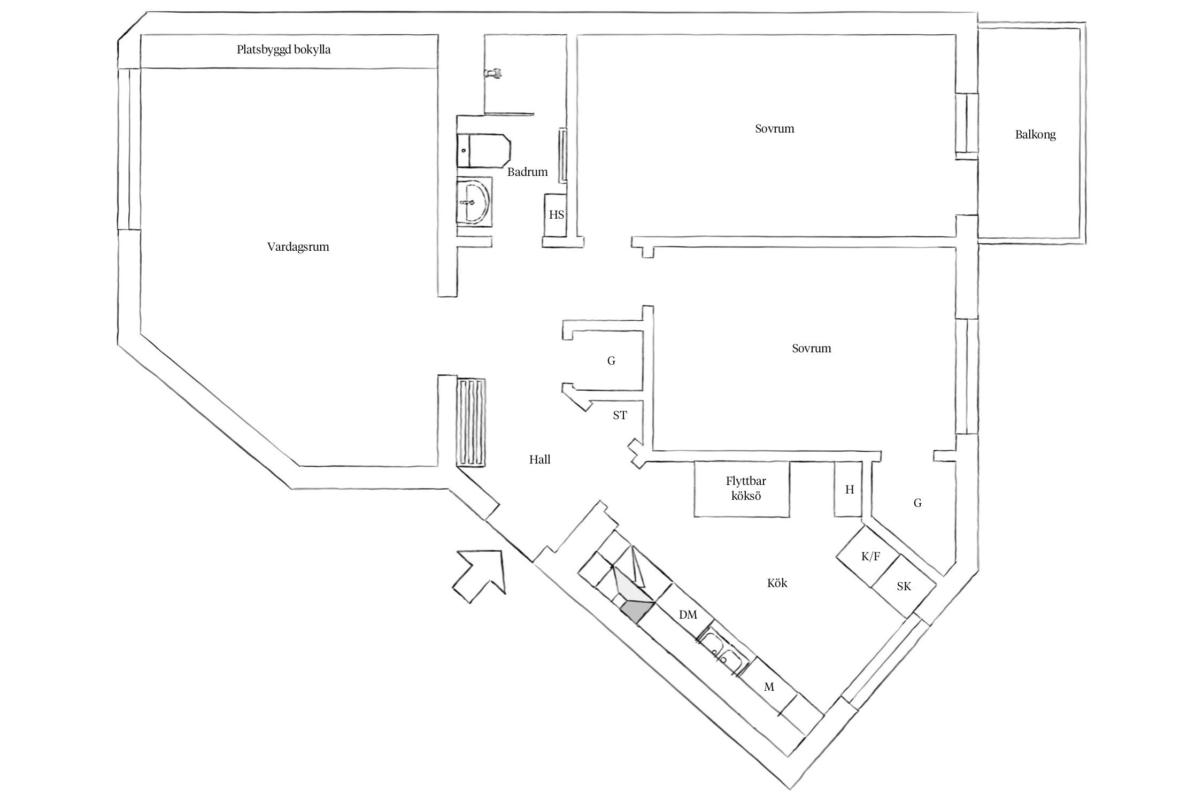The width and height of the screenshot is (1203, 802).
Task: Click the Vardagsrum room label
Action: tap(298, 247)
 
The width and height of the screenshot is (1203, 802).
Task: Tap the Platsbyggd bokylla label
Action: tap(283, 50)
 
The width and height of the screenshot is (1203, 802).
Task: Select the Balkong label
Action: tap(1035, 135)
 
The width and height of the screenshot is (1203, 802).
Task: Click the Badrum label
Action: tap(527, 172)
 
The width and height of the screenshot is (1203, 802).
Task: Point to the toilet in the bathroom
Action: tap(483, 151)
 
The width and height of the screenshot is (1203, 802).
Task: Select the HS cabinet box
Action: tap(556, 215)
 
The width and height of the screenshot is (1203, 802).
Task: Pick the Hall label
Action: tap(539, 459)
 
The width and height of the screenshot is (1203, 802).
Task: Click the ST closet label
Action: tap(620, 415)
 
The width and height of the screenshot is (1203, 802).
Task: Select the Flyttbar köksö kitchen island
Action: tap(742, 489)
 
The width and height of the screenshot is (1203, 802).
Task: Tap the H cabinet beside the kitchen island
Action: tap(849, 489)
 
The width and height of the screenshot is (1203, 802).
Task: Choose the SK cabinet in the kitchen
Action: tap(904, 587)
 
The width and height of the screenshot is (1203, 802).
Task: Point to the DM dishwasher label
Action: tap(688, 615)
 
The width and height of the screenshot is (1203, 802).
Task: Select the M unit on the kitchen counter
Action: tap(769, 687)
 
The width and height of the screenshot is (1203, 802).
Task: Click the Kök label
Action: tap(777, 583)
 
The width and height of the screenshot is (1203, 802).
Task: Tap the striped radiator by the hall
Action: tap(471, 422)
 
